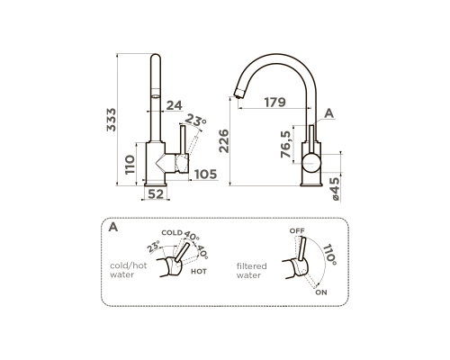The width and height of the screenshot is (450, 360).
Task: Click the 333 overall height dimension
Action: pyautogui.click(x=112, y=120)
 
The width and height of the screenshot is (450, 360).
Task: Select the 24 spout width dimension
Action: pyautogui.click(x=175, y=105)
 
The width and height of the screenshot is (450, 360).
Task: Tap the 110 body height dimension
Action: pyautogui.click(x=130, y=165)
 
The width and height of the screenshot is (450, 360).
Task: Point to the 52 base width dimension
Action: pyautogui.click(x=157, y=194)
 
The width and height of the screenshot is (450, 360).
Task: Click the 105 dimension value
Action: pyautogui.click(x=206, y=175)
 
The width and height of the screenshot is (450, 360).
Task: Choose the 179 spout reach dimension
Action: pyautogui.click(x=275, y=103)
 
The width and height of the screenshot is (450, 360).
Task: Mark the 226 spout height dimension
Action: pyautogui.click(x=224, y=141)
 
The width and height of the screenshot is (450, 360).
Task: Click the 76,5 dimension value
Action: pyautogui.click(x=286, y=144)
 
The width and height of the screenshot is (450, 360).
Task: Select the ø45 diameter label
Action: pyautogui.click(x=335, y=189)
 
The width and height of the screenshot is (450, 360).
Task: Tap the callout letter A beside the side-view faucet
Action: pyautogui.click(x=329, y=113)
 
